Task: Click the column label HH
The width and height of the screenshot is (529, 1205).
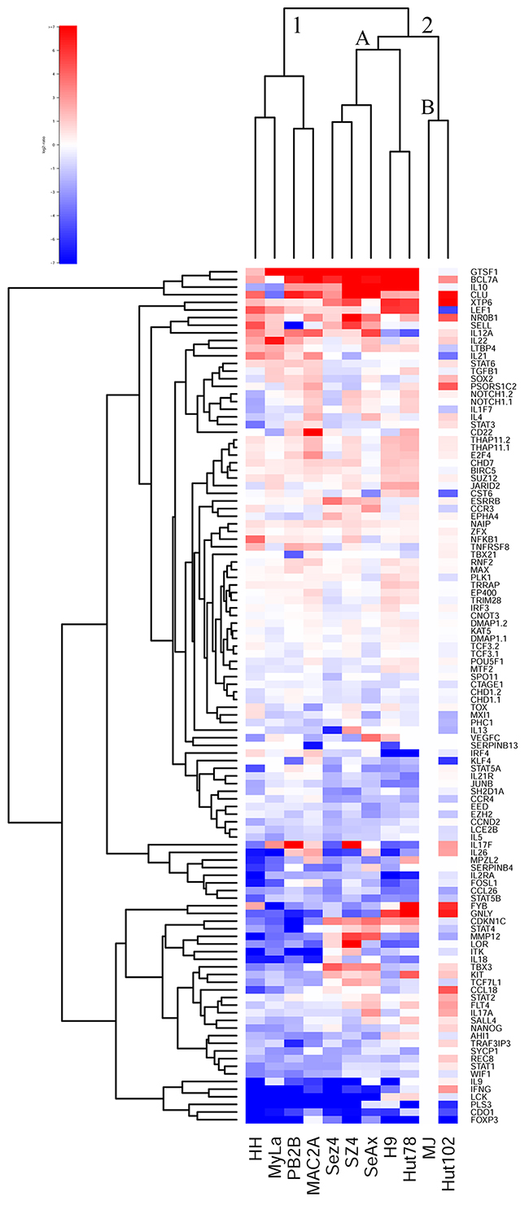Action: pyautogui.click(x=254, y=1154)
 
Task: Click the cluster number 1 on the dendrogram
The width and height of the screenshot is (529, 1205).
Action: pyautogui.click(x=298, y=27)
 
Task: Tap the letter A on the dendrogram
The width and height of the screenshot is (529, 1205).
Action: pyautogui.click(x=363, y=38)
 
